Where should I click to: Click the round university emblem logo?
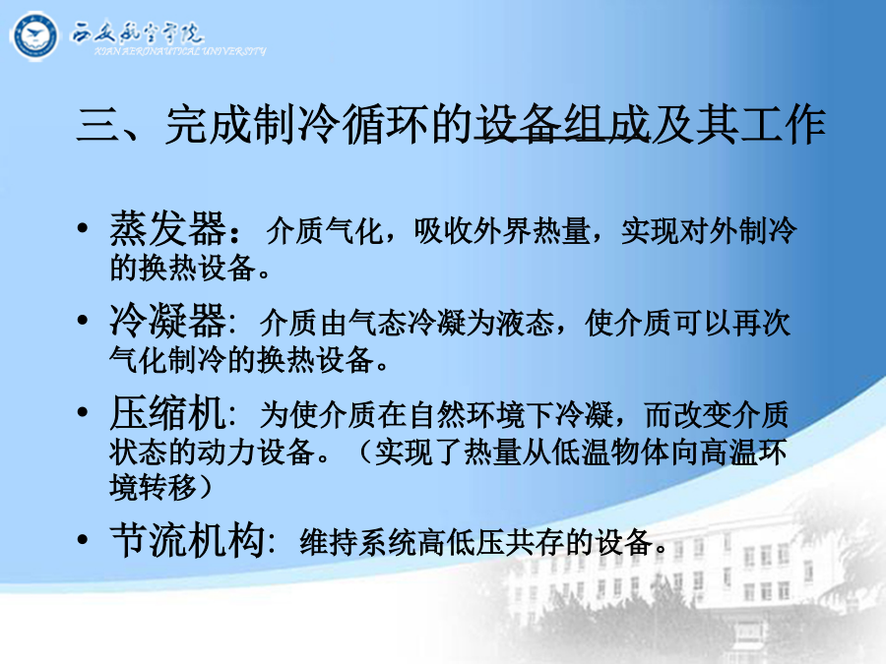coord(34,36)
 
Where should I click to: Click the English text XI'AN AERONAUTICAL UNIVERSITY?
coord(180,51)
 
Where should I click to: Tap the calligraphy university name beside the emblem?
coord(137,33)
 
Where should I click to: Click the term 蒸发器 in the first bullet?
coord(167,229)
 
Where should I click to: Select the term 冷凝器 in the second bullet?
coord(167,321)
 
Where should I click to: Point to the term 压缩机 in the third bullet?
coord(167,413)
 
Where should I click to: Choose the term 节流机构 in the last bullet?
coord(188,540)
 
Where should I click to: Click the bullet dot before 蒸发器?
coord(83,228)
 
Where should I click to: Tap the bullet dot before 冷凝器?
coord(83,320)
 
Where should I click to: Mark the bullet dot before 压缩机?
coord(83,412)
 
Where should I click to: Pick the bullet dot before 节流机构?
coord(83,539)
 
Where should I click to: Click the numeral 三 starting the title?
coord(97,124)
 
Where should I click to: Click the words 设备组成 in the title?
coord(562,124)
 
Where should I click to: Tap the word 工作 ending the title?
coord(783,124)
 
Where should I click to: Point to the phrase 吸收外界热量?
coord(502,231)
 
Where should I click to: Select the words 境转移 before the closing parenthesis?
coord(153,487)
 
